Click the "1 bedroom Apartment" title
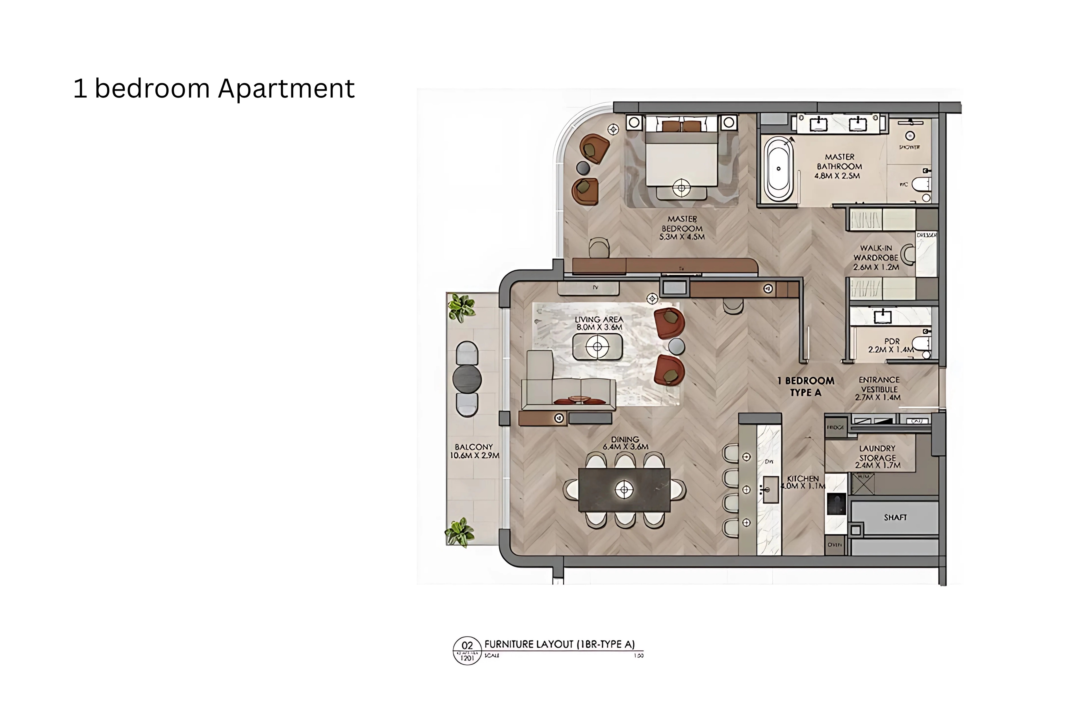click(x=214, y=88)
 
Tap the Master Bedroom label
click(x=682, y=228)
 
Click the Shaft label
click(x=895, y=517)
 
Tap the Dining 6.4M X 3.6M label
click(x=625, y=443)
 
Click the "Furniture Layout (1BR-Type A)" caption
click(x=560, y=644)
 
